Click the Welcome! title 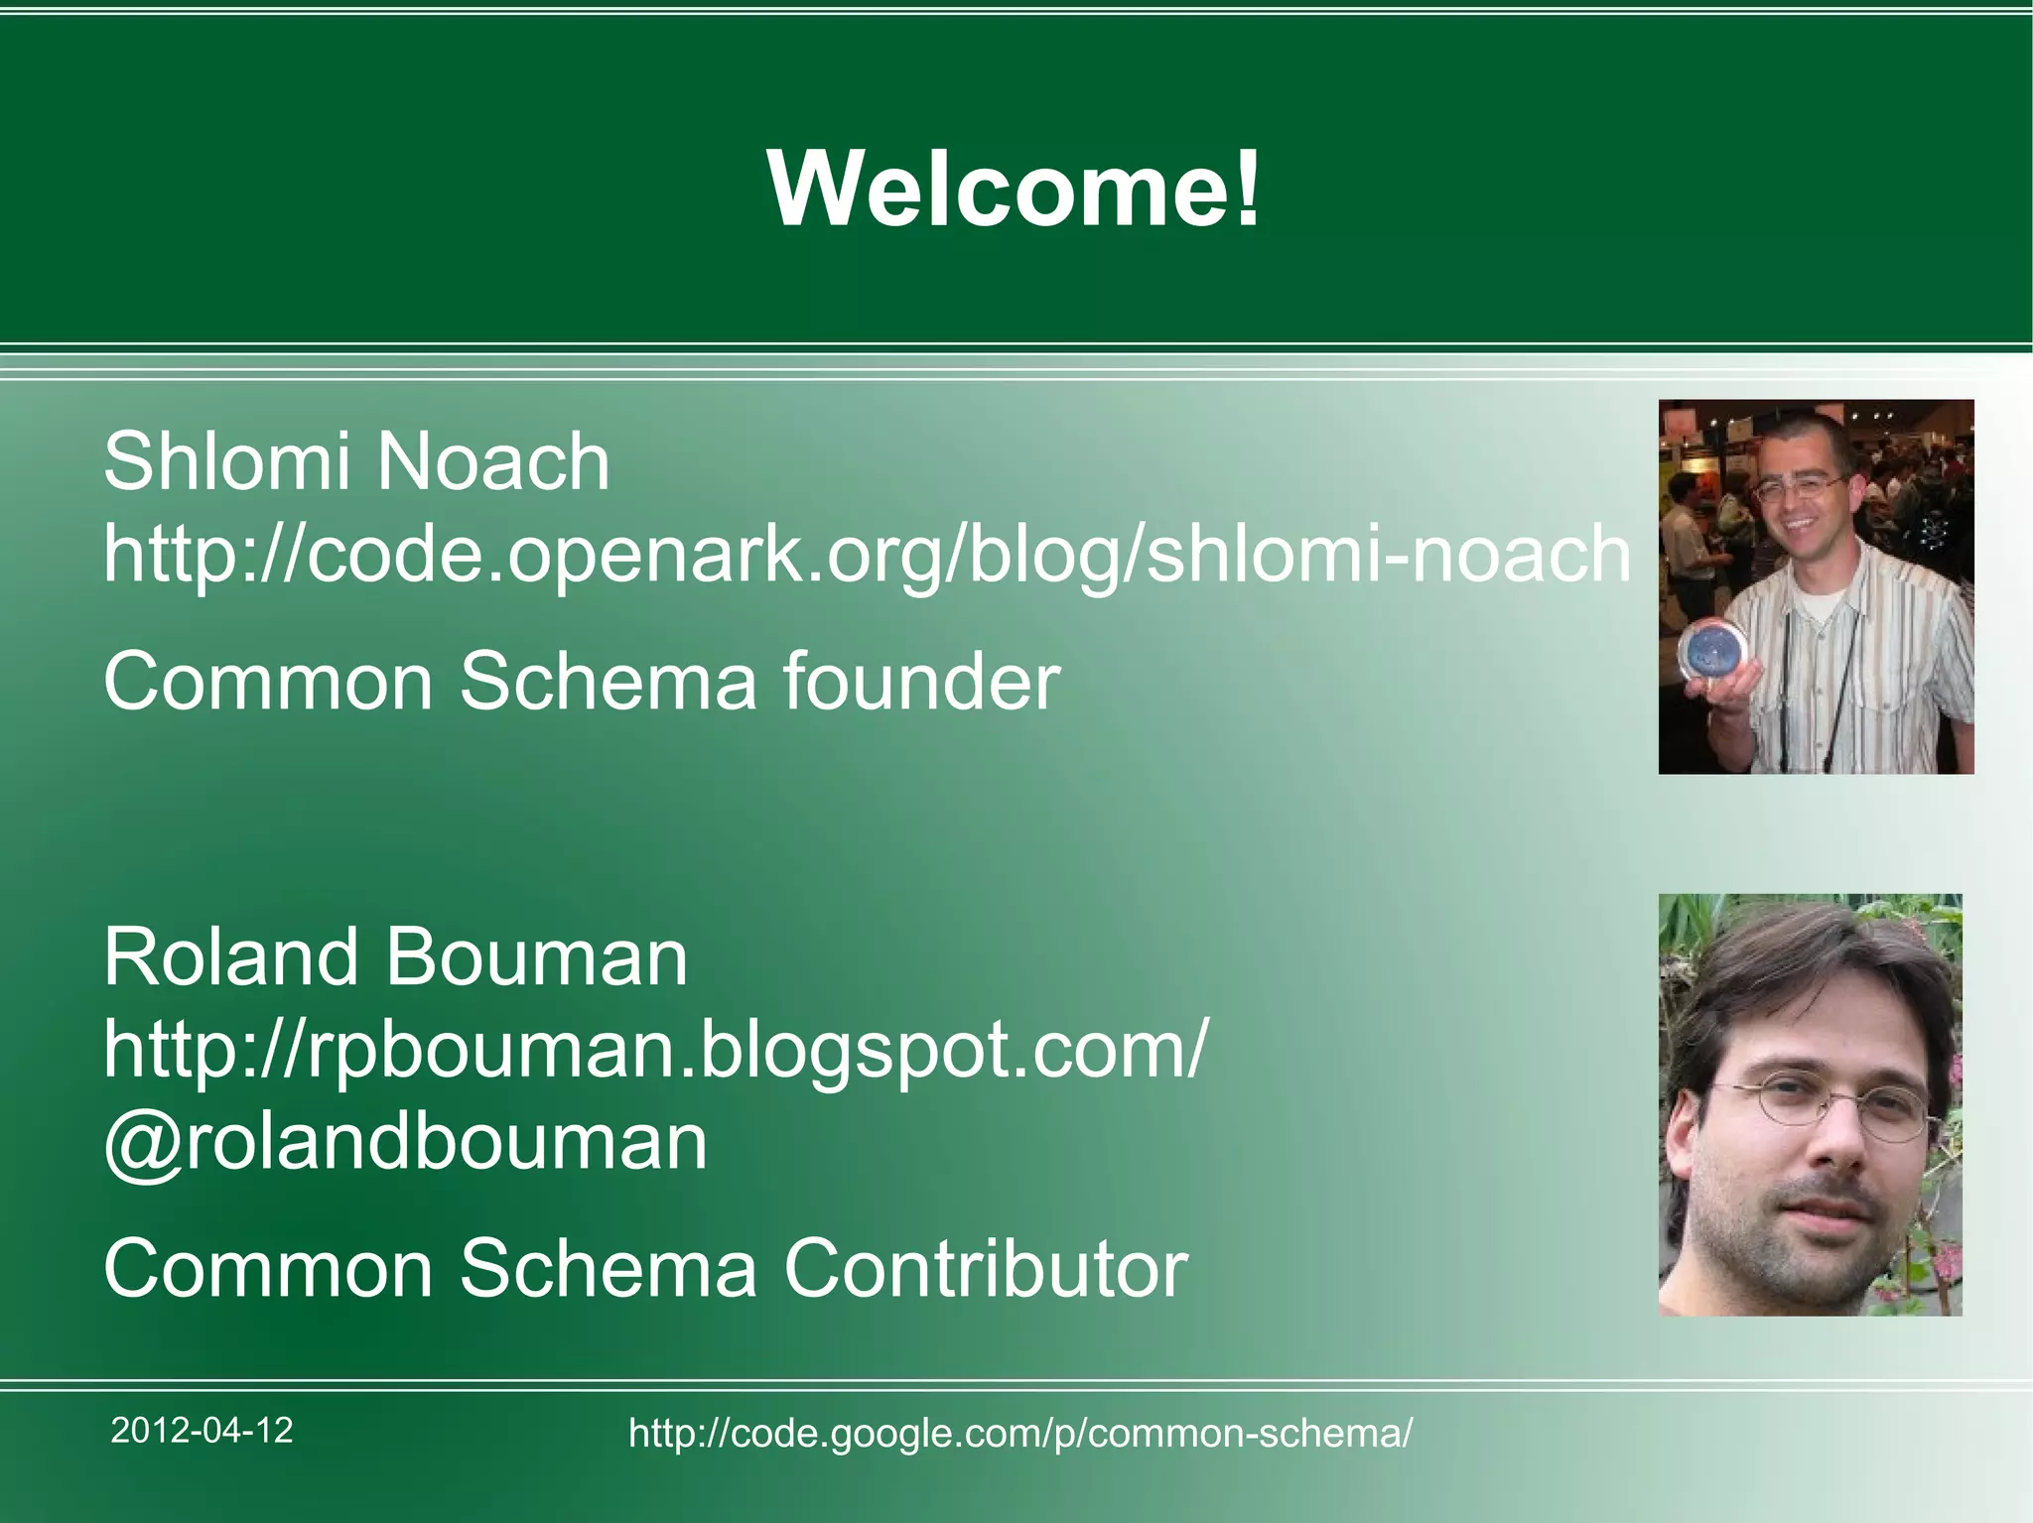pos(1015,189)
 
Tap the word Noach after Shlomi pos(493,462)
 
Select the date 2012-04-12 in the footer pos(202,1431)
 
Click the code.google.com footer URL pos(1020,1433)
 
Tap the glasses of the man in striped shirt pos(1799,487)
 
